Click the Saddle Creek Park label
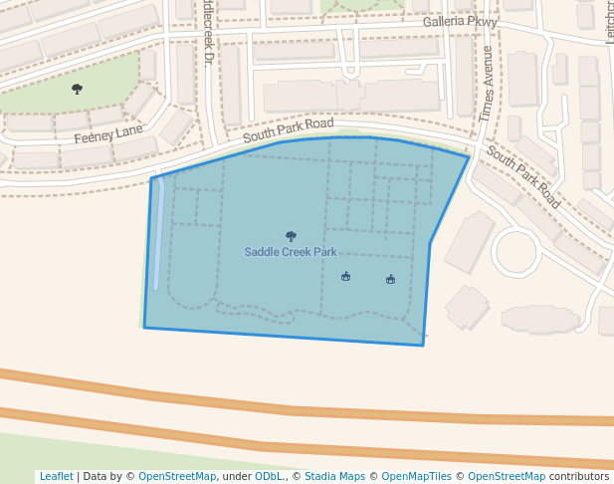pyautogui.click(x=291, y=252)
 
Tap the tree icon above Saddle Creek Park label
pyautogui.click(x=291, y=236)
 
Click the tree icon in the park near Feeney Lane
pyautogui.click(x=77, y=89)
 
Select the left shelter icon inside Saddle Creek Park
pyautogui.click(x=345, y=276)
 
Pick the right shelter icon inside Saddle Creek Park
pyautogui.click(x=390, y=279)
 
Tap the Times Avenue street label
pyautogui.click(x=487, y=84)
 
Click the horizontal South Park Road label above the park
pyautogui.click(x=289, y=129)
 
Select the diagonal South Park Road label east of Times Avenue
pyautogui.click(x=523, y=177)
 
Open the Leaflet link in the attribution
pyautogui.click(x=56, y=476)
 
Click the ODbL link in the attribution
pyautogui.click(x=269, y=476)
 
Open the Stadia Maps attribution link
pyautogui.click(x=334, y=476)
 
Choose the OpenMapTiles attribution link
pyautogui.click(x=416, y=476)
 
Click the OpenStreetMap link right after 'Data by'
pyautogui.click(x=177, y=476)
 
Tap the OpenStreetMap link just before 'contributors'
pyautogui.click(x=508, y=476)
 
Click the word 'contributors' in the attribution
pyautogui.click(x=578, y=476)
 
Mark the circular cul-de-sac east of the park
pyautogui.click(x=515, y=251)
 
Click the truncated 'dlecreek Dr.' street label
pyautogui.click(x=207, y=33)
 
